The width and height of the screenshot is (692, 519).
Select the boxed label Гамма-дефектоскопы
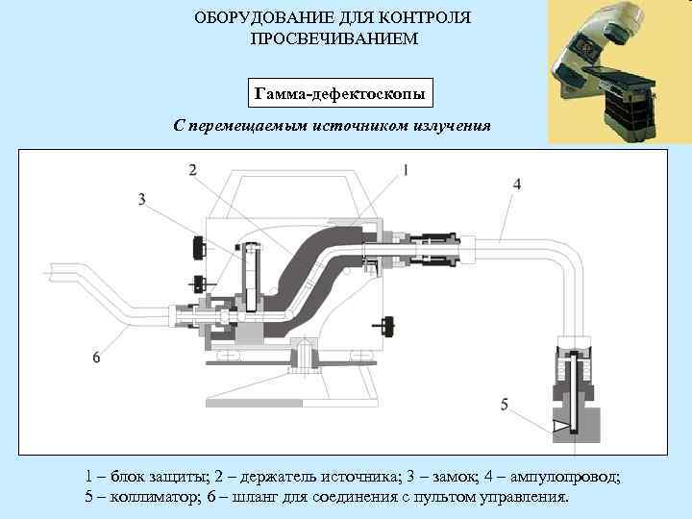[340, 93]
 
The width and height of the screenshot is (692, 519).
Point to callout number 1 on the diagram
[405, 170]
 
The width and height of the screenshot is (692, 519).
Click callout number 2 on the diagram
[192, 170]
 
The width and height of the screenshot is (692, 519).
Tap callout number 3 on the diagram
[141, 199]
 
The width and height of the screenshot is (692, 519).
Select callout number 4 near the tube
[517, 184]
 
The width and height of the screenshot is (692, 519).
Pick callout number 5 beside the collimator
[505, 405]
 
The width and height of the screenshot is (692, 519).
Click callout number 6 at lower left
[96, 358]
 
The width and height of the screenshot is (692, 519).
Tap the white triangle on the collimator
[559, 425]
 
